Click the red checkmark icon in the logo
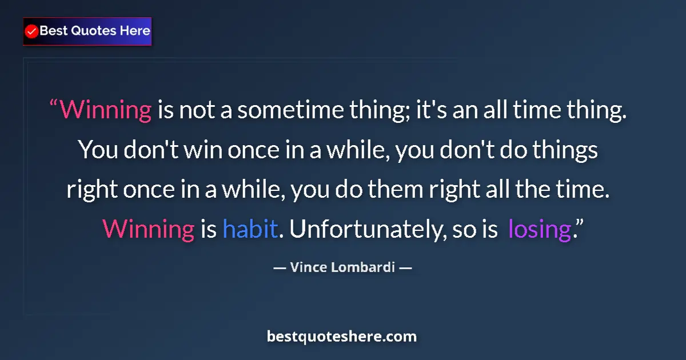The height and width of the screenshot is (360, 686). click(x=32, y=31)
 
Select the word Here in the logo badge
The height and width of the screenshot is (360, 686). click(x=135, y=31)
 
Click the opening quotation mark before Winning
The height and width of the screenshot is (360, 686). click(x=54, y=106)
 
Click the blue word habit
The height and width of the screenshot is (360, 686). click(x=250, y=229)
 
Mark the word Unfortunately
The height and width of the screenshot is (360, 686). click(x=366, y=229)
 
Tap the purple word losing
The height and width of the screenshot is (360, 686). click(x=539, y=229)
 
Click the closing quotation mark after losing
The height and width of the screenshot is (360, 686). click(x=579, y=225)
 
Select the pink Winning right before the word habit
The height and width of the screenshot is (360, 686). click(x=148, y=229)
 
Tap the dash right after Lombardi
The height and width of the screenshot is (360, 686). click(x=405, y=267)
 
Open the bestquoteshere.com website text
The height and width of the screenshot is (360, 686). click(x=342, y=337)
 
